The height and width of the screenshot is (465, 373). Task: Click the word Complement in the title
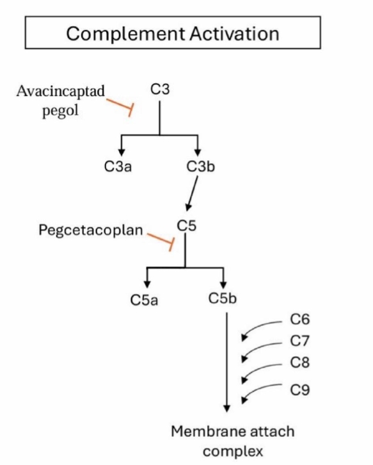125,34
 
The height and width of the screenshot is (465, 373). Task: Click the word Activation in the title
234,33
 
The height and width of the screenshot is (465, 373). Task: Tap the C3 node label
160,89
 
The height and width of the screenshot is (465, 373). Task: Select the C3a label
118,166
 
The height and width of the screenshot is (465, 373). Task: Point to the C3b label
200,166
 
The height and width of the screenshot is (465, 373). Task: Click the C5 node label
187,225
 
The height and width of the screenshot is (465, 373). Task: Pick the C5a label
144,300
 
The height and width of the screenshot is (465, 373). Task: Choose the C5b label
223,298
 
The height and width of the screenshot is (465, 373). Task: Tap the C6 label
300,320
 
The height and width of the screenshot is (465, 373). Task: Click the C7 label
299,341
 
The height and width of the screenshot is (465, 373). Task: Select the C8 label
300,362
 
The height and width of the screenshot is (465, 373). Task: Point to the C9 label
300,389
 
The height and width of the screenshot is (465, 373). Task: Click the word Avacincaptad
61,92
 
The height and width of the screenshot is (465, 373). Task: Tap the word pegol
60,111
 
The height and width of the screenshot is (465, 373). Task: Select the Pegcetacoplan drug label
91,230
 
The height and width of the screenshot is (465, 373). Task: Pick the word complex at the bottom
233,452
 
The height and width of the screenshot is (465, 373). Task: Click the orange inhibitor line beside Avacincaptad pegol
120,106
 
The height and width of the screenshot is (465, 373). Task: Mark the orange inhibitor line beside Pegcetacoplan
161,241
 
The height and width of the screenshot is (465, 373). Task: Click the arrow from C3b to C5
192,193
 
